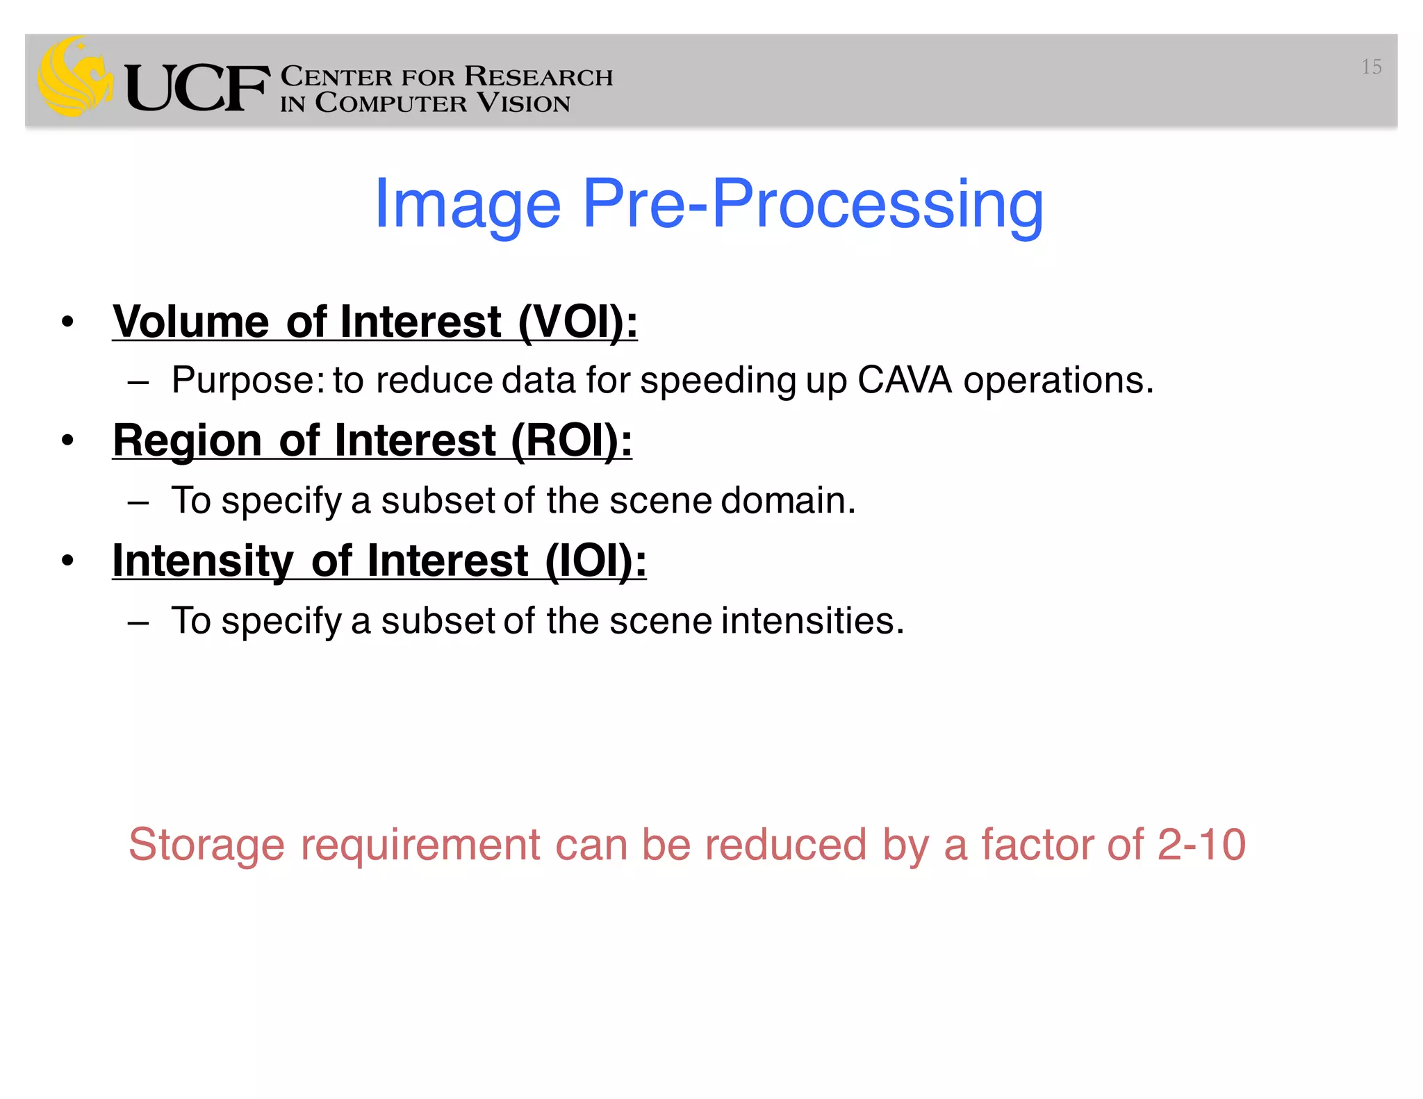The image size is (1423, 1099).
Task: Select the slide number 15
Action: click(x=1371, y=67)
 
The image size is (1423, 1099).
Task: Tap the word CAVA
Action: click(x=905, y=380)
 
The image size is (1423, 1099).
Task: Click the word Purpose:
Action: click(x=248, y=380)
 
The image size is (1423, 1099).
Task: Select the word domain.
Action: click(x=788, y=500)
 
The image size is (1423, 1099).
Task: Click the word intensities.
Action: click(x=812, y=620)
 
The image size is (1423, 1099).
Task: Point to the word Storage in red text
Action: click(x=206, y=845)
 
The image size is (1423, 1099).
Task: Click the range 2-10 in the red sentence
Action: click(x=1201, y=845)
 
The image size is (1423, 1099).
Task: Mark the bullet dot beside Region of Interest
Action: click(x=67, y=440)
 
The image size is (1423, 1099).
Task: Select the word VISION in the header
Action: click(x=524, y=104)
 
